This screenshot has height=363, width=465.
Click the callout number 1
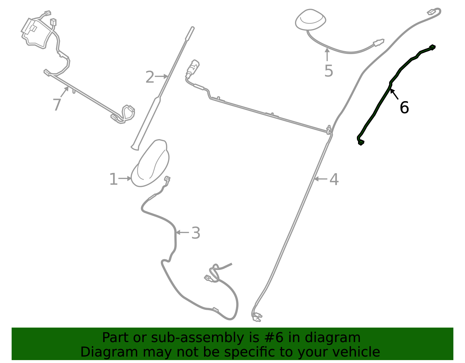[x=113, y=179]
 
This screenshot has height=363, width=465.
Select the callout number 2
[x=150, y=77]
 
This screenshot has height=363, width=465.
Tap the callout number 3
[x=196, y=233]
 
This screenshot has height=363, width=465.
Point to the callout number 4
[x=334, y=179]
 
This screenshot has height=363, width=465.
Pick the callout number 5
[x=329, y=71]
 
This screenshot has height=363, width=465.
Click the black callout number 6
[x=404, y=107]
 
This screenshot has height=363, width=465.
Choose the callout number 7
[x=57, y=105]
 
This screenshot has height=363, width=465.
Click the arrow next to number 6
[x=394, y=94]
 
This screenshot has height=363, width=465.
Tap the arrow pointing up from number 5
[x=327, y=55]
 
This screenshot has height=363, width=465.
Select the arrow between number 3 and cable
[x=182, y=232]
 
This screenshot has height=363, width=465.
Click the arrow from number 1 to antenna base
[x=125, y=178]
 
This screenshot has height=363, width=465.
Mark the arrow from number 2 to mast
[x=161, y=76]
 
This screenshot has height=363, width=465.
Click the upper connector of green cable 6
[x=432, y=47]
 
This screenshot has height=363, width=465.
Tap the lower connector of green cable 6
[x=361, y=142]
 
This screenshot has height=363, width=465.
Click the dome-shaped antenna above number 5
[x=310, y=20]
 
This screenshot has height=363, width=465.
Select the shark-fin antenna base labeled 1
[x=150, y=163]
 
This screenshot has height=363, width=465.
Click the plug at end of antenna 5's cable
[x=379, y=42]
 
